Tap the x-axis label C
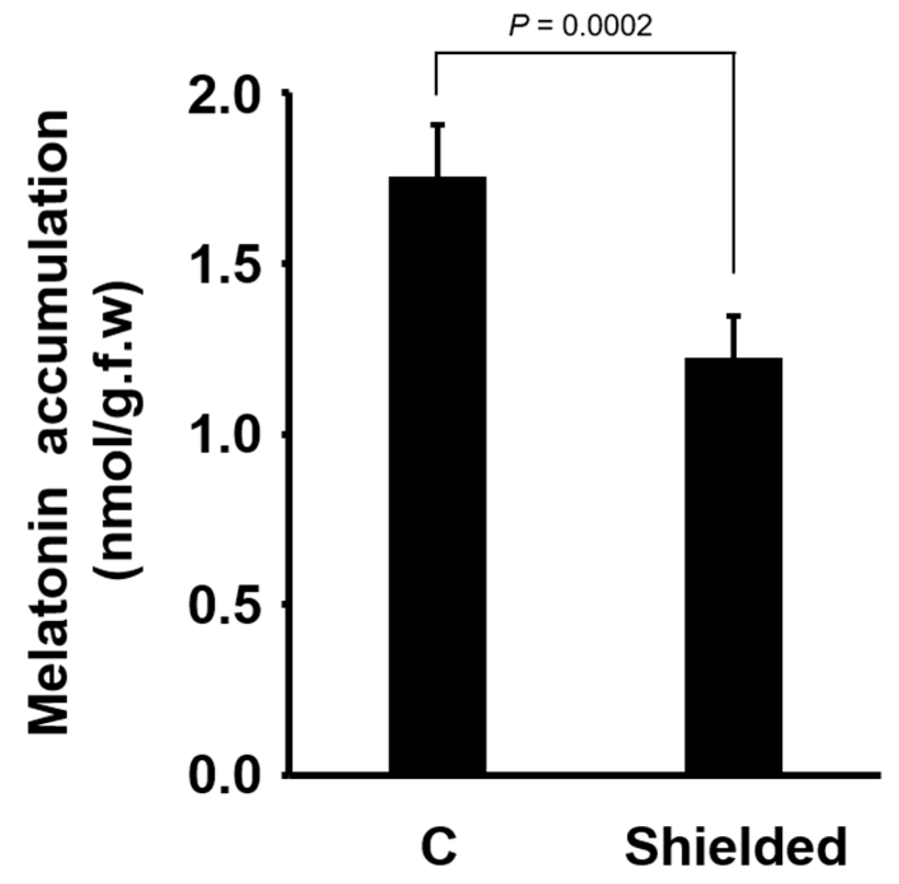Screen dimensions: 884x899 pos(438,847)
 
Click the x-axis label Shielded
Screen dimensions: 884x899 pos(735,847)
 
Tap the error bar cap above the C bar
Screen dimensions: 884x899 pos(438,125)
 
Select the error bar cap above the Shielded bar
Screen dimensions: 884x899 pos(734,316)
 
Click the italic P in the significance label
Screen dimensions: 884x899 pos(518,26)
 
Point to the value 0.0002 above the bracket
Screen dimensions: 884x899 pos(607,26)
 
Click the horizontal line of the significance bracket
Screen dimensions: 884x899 pos(585,53)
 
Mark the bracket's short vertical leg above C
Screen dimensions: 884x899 pos(436,73)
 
